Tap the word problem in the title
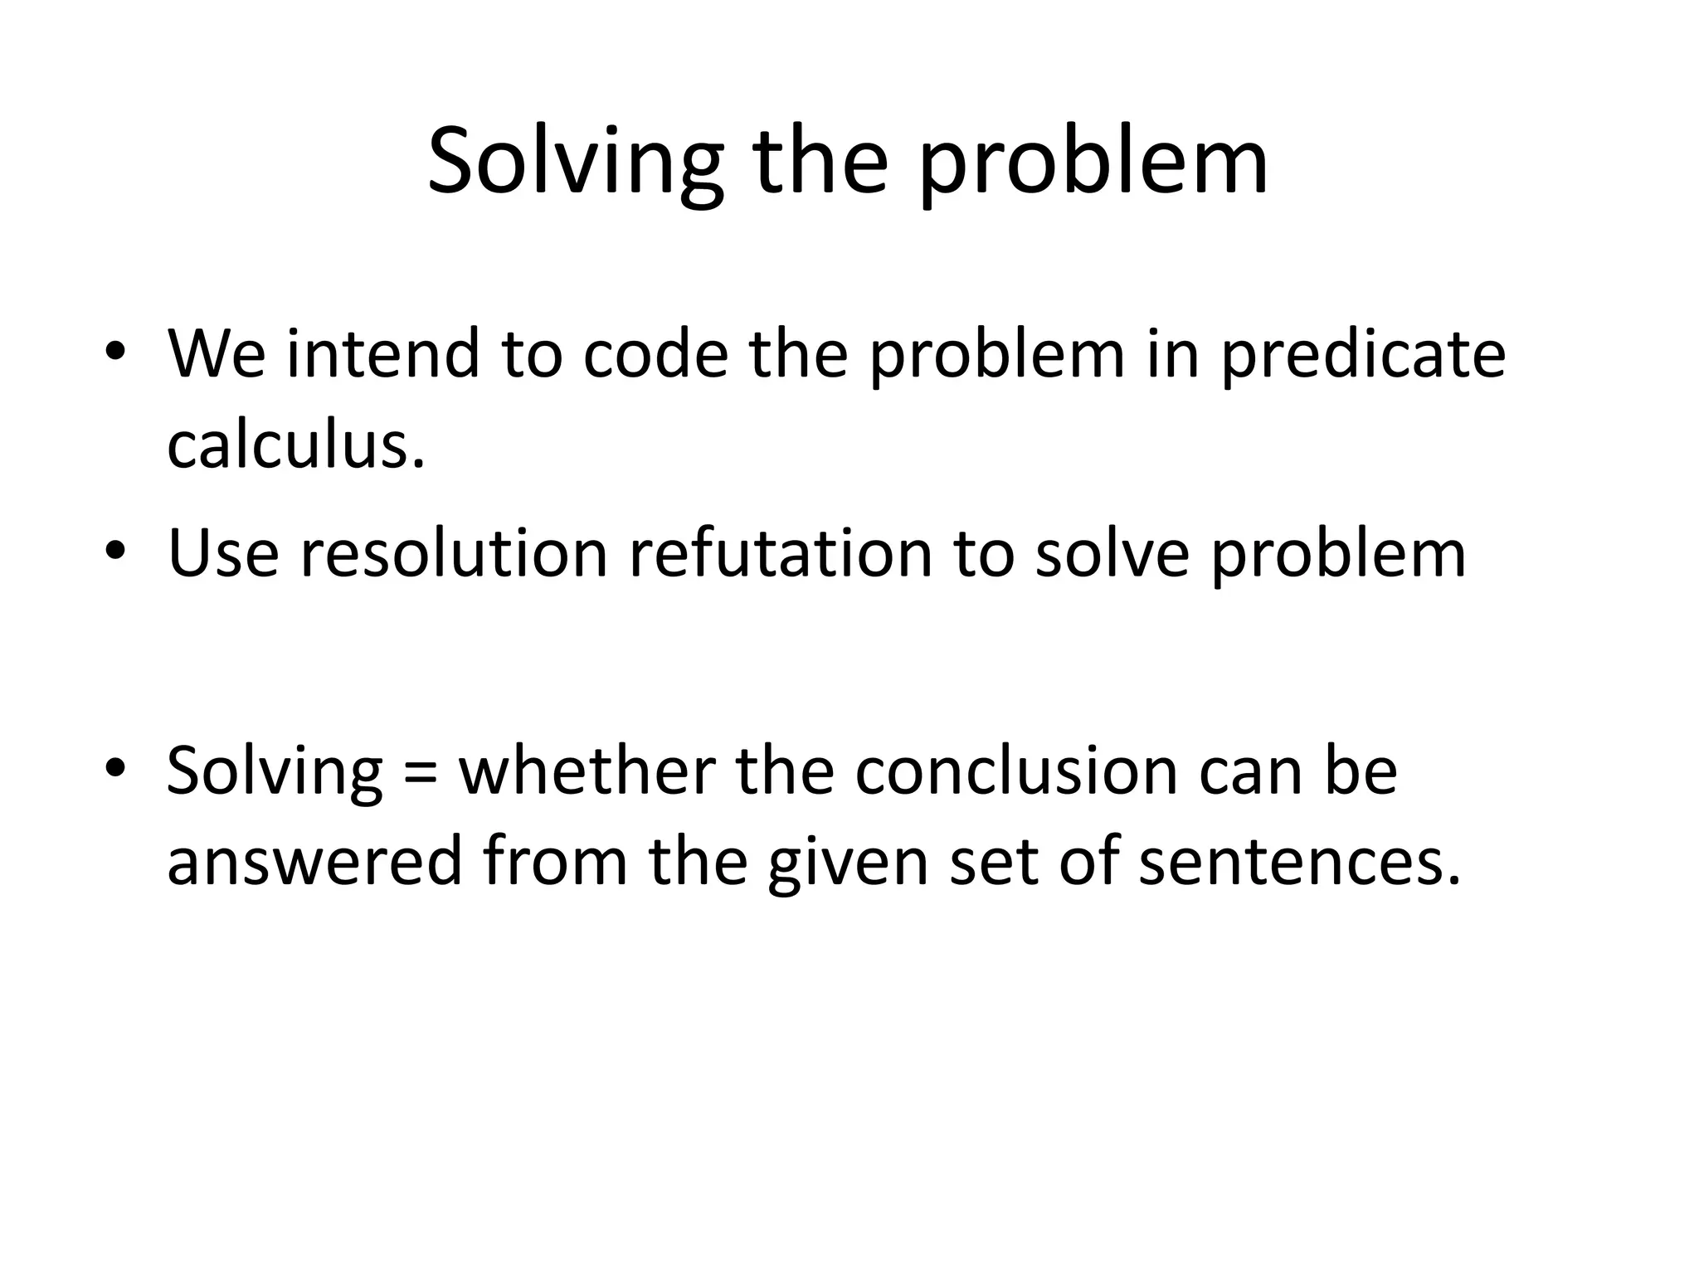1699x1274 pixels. click(1093, 163)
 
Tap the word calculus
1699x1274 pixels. click(295, 445)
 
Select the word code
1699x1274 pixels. click(655, 353)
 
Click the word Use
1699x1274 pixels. click(222, 553)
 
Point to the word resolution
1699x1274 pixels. click(454, 553)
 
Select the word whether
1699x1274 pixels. click(588, 771)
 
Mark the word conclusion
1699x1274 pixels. click(1016, 771)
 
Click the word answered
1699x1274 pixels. click(314, 861)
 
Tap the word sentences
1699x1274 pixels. click(1298, 861)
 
